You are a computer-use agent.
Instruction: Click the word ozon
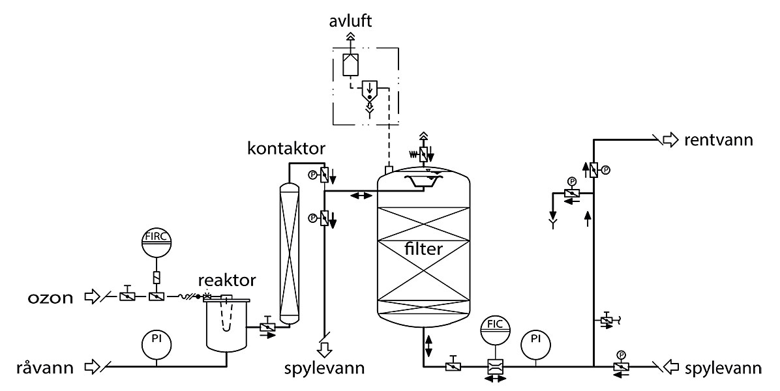tap(50, 298)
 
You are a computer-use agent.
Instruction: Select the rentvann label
tap(718, 140)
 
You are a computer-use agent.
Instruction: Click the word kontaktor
tap(287, 148)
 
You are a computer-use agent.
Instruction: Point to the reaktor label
tap(227, 280)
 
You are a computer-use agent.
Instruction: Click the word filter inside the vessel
tap(423, 248)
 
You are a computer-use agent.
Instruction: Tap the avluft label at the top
tap(350, 22)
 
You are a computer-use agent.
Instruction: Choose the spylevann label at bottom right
tap(723, 368)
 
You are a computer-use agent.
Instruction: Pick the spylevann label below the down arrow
tap(324, 368)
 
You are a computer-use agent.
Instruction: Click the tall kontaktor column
tap(289, 254)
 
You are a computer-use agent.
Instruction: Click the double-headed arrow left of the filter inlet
tap(361, 195)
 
